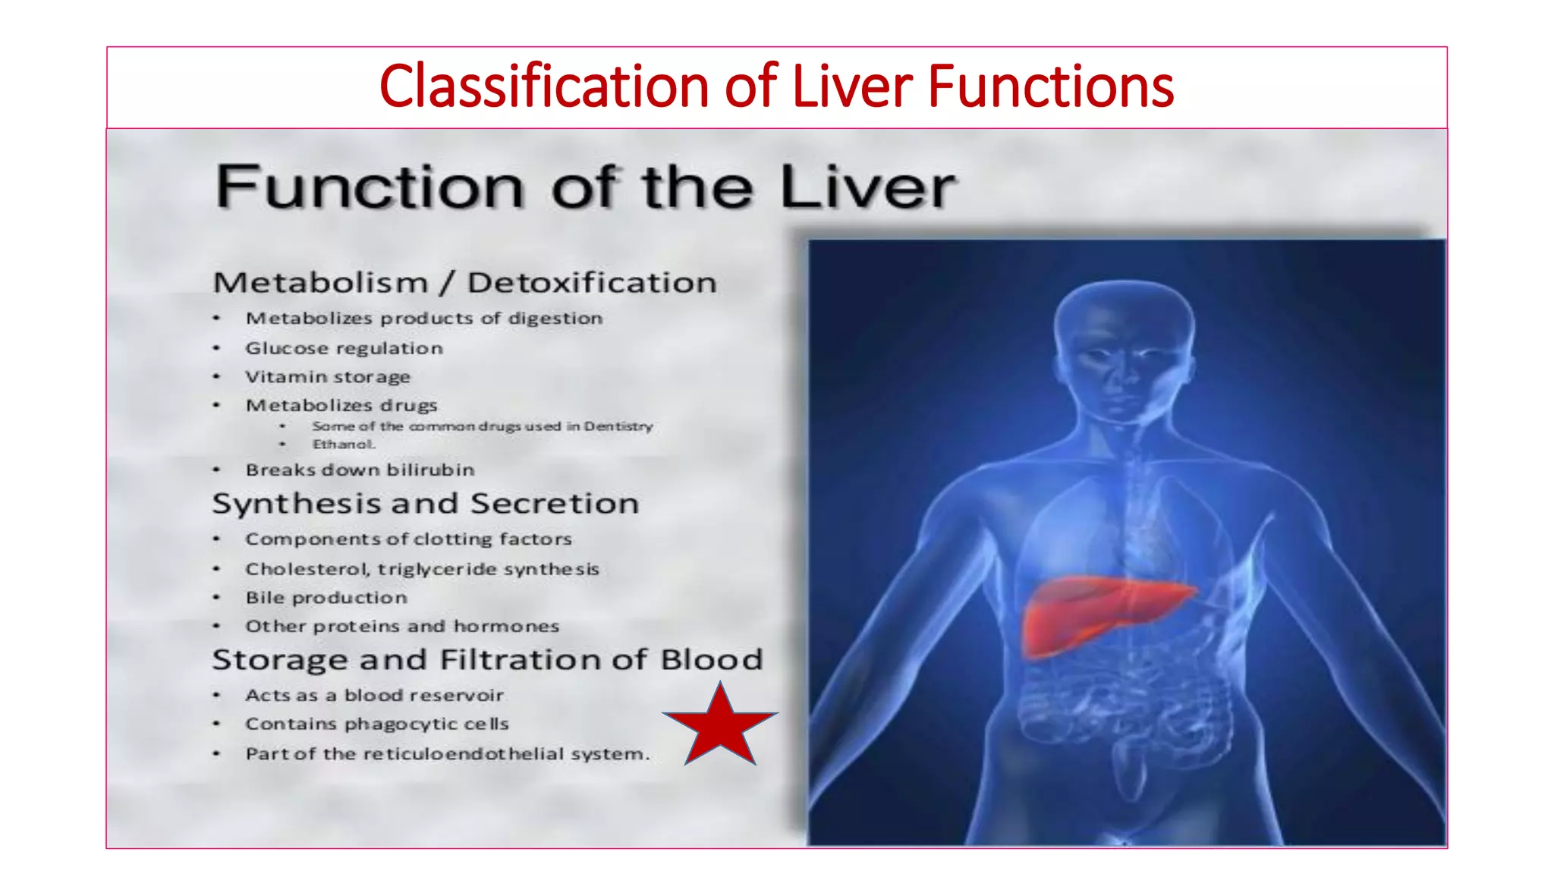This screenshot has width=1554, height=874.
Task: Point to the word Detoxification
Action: tap(592, 283)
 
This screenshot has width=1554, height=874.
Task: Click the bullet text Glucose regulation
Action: tap(344, 348)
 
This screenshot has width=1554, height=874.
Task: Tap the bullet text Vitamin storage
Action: tap(327, 377)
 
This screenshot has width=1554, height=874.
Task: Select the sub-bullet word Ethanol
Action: tap(344, 445)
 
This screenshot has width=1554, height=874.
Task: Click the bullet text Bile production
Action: tap(326, 598)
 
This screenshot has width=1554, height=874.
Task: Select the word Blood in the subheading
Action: tap(712, 659)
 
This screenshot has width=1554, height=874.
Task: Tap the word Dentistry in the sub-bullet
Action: tap(618, 426)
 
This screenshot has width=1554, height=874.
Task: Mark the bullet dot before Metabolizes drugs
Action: tap(216, 405)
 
